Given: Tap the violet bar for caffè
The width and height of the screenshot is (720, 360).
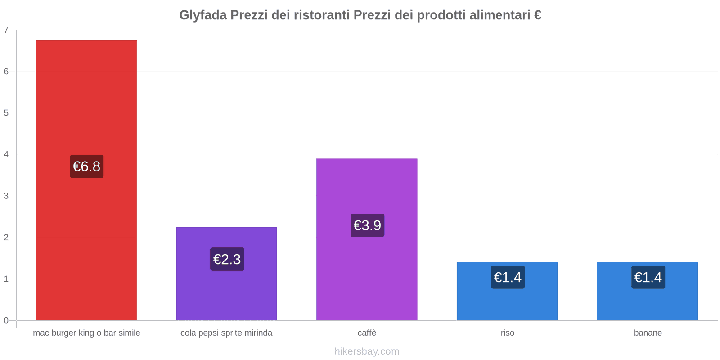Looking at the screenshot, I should pyautogui.click(x=367, y=189).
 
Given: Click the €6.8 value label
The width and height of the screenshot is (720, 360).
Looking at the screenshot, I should pyautogui.click(x=86, y=166).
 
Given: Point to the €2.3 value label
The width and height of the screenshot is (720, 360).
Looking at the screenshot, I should pyautogui.click(x=227, y=259).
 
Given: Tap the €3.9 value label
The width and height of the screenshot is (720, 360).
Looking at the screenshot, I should pyautogui.click(x=367, y=225).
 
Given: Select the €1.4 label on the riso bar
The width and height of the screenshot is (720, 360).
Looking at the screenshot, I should pyautogui.click(x=508, y=277).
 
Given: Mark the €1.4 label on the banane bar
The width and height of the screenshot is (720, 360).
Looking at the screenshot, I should pyautogui.click(x=648, y=277).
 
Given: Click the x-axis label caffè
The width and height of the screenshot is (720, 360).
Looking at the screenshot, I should pyautogui.click(x=367, y=333).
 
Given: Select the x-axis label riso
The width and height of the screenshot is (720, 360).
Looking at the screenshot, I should pyautogui.click(x=507, y=333).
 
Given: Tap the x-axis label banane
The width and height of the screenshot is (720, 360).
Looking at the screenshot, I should pyautogui.click(x=648, y=333).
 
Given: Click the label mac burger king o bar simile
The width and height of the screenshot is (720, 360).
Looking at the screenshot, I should pyautogui.click(x=86, y=333).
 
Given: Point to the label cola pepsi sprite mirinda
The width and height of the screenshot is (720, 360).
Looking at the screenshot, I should pyautogui.click(x=226, y=333).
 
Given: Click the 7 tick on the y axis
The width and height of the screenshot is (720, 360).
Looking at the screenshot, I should pyautogui.click(x=6, y=30).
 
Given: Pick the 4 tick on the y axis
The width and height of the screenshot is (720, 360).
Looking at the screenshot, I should pyautogui.click(x=6, y=154).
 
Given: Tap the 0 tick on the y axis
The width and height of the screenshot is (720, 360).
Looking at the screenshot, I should pyautogui.click(x=6, y=320).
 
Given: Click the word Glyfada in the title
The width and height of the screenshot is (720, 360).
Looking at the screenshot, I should pyautogui.click(x=202, y=15).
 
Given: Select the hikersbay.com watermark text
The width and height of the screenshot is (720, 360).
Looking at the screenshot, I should pyautogui.click(x=367, y=351).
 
